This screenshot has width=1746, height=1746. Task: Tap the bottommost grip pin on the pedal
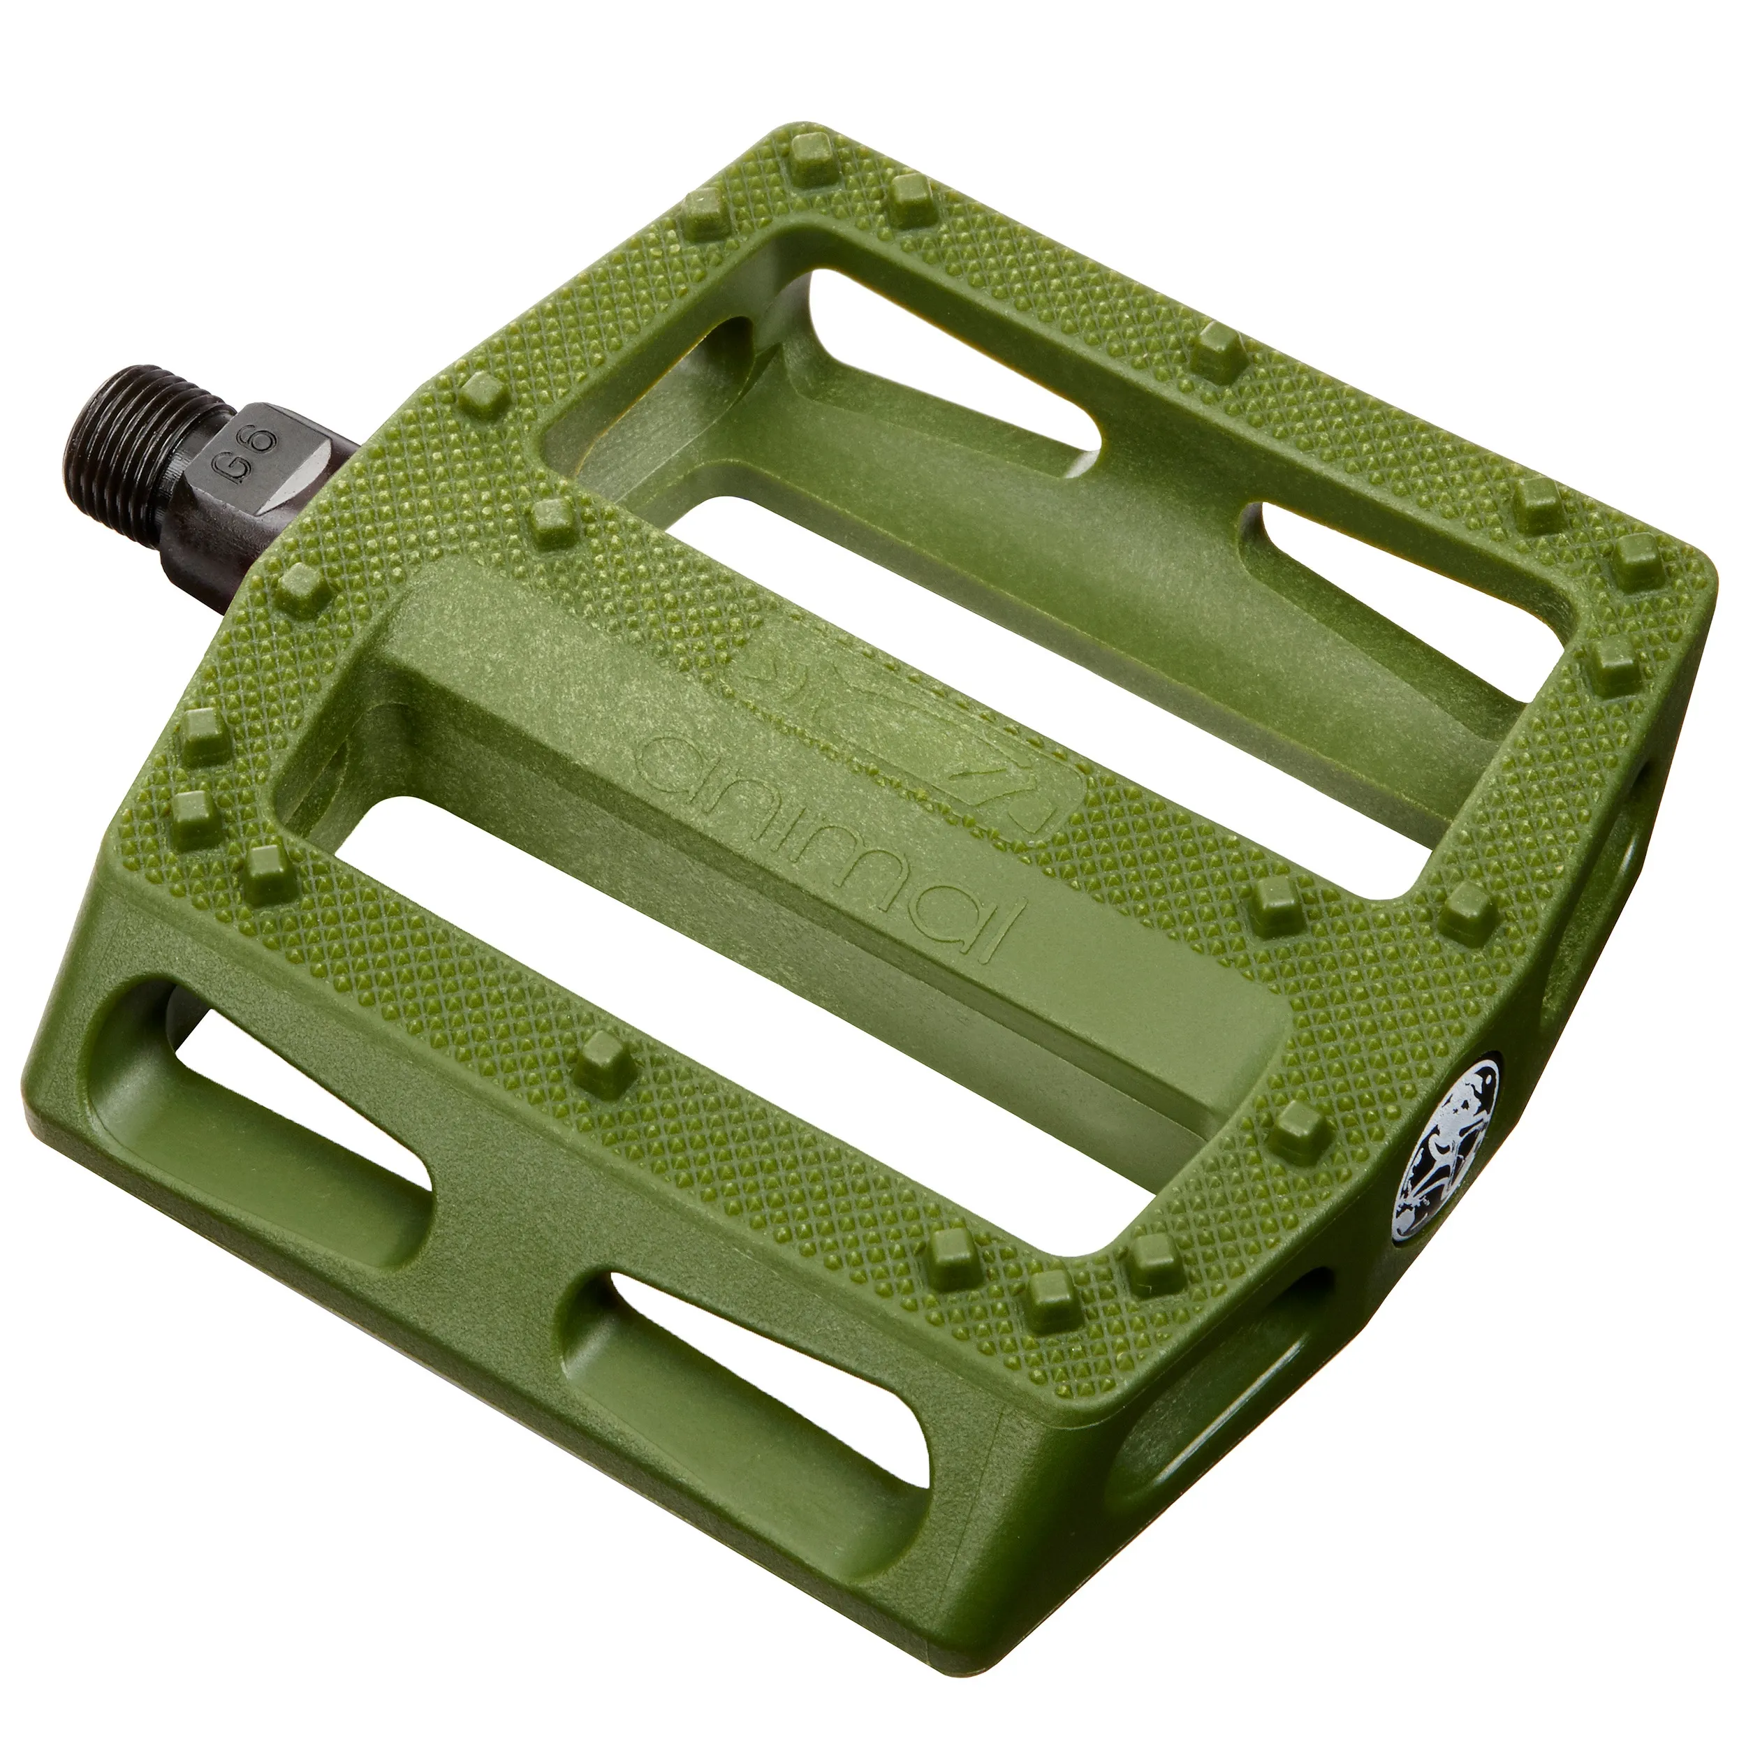1051,1303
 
